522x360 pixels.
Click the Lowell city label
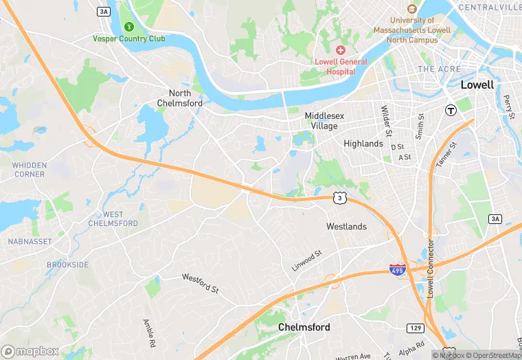click(477, 85)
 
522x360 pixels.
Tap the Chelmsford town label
click(304, 328)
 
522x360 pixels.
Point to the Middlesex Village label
click(321, 122)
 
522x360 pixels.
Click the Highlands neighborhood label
click(363, 144)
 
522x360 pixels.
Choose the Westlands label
click(346, 227)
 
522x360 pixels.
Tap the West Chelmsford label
click(113, 219)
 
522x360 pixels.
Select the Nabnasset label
click(26, 242)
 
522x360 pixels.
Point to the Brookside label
click(67, 265)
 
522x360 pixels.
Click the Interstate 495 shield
click(397, 269)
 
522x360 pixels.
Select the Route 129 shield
click(414, 328)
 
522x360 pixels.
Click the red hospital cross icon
click(340, 50)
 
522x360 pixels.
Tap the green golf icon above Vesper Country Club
click(128, 27)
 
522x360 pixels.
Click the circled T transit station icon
click(451, 110)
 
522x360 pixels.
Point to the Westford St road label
click(200, 282)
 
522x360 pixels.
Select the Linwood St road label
click(306, 260)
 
